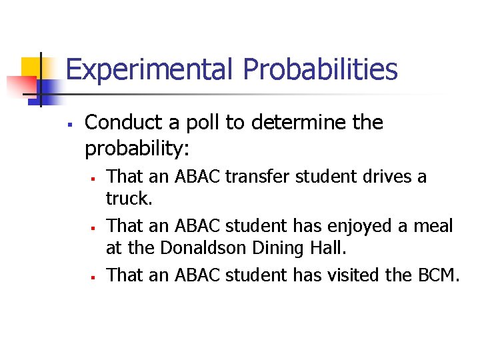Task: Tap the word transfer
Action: pyautogui.click(x=259, y=177)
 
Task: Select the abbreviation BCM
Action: pyautogui.click(x=438, y=275)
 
